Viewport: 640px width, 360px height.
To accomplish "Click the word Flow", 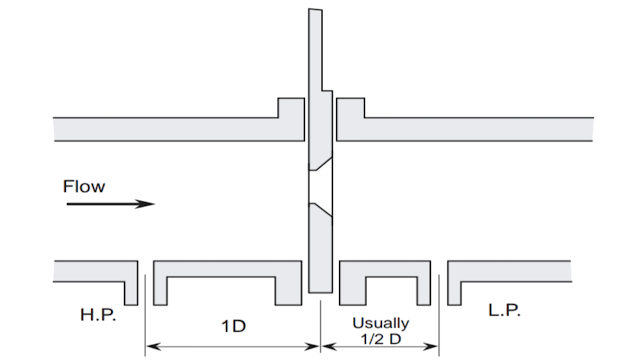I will point(83,186).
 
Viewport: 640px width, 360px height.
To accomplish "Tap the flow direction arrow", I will point(110,204).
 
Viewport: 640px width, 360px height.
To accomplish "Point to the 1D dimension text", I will point(232,327).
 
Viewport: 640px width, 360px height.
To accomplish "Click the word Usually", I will point(379,322).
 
